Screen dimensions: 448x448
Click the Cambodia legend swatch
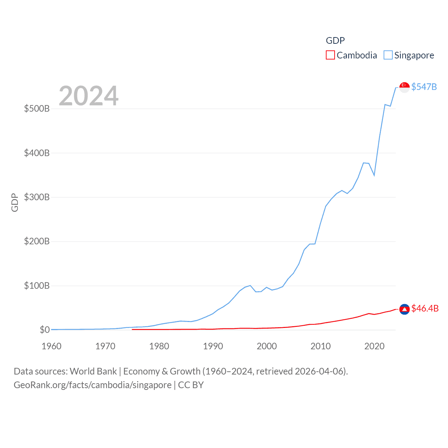coord(330,55)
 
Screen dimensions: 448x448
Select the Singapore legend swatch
coord(388,55)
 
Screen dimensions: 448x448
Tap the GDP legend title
coord(335,41)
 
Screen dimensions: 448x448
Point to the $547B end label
coord(424,87)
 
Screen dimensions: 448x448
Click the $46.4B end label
coord(425,308)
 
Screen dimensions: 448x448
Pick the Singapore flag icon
coord(404,87)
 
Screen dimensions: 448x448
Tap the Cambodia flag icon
coord(404,309)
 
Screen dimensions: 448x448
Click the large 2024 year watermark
coord(89,96)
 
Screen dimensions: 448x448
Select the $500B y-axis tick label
coord(37,108)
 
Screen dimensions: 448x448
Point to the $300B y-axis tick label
coord(37,197)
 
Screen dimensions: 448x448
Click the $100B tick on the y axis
coord(37,286)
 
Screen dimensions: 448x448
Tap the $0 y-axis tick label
coord(44,330)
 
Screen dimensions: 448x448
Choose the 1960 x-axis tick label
coord(51,346)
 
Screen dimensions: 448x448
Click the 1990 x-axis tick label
coord(213,346)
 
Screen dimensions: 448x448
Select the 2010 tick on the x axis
coord(321,346)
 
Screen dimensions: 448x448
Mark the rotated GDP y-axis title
coord(15,202)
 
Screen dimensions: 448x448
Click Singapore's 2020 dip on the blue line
coord(374,175)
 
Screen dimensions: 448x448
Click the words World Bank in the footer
coord(93,371)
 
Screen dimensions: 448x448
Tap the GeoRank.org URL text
coord(92,385)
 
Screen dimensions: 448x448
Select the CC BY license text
coord(191,385)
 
